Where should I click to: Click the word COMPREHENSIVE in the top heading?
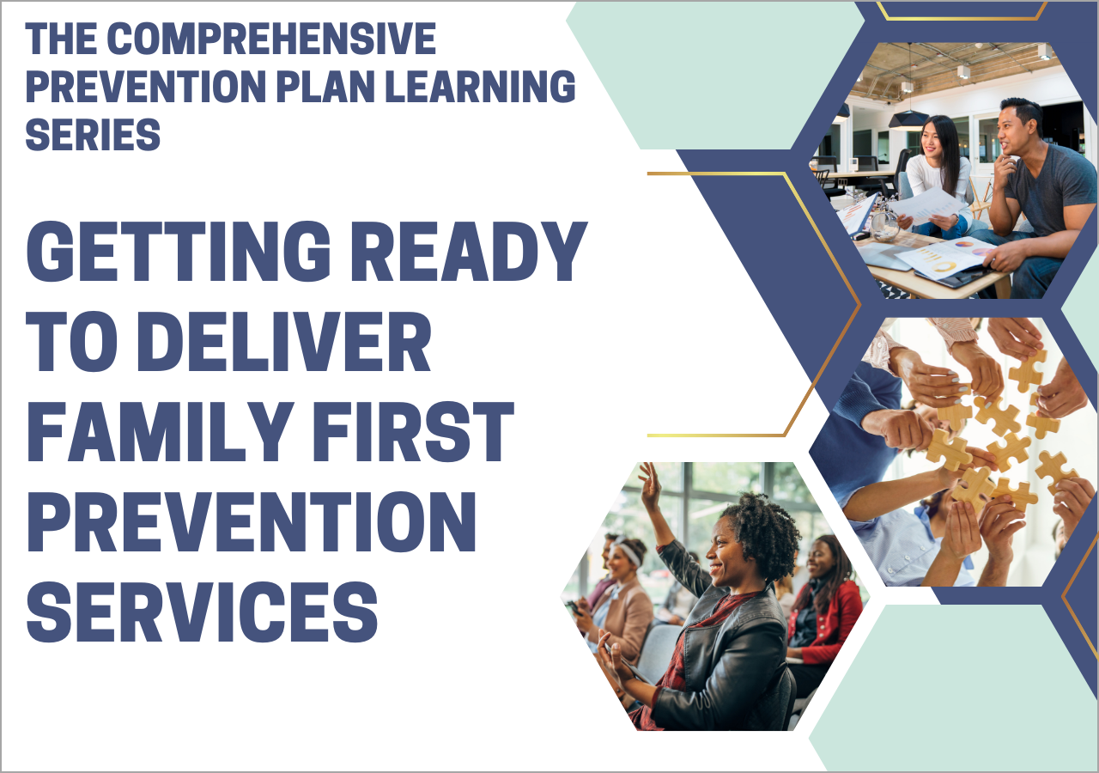pyautogui.click(x=270, y=39)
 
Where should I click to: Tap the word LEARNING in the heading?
pyautogui.click(x=480, y=86)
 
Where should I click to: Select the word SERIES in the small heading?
pyautogui.click(x=93, y=134)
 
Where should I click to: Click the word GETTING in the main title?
pyautogui.click(x=179, y=252)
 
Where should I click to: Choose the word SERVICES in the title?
pyautogui.click(x=202, y=612)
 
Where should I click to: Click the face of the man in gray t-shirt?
pyautogui.click(x=1011, y=132)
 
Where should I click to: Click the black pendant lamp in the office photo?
pyautogui.click(x=908, y=119)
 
